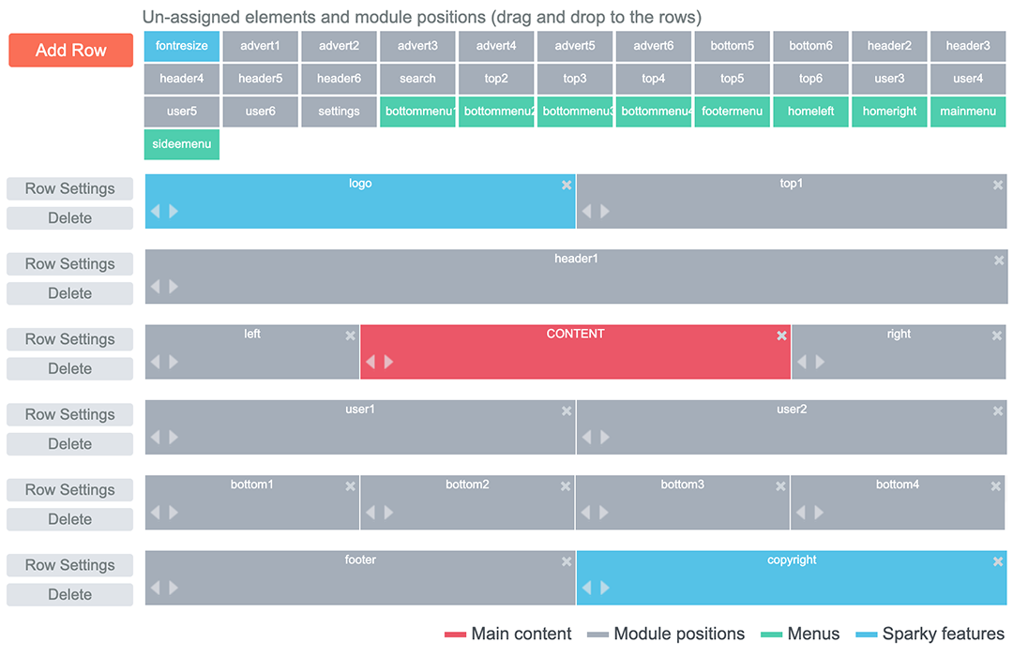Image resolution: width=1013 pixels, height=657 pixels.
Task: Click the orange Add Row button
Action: (70, 51)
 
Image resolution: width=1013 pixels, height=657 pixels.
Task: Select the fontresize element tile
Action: (182, 46)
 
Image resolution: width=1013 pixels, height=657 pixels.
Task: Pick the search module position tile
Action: (417, 79)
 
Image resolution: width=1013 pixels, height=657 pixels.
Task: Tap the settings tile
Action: (339, 112)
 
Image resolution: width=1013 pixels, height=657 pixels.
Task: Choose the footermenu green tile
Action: (732, 112)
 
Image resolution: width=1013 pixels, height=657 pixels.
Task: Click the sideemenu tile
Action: (182, 144)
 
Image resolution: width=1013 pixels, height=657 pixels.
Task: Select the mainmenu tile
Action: (968, 112)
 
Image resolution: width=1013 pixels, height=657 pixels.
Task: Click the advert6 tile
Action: (653, 46)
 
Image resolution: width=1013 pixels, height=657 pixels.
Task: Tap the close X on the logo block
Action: (567, 186)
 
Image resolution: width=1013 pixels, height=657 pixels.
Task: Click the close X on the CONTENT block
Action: (781, 336)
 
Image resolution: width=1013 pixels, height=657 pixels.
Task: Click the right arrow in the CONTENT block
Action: (389, 362)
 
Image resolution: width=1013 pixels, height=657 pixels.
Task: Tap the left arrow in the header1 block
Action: (155, 287)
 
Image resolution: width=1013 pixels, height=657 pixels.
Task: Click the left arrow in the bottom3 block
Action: (585, 513)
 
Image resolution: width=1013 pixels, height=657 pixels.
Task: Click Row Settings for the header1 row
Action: (69, 264)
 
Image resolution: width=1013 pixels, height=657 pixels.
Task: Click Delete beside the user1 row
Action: (69, 444)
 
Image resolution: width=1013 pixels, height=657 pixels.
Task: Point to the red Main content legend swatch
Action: (455, 635)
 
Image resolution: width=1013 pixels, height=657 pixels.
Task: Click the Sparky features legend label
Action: (944, 635)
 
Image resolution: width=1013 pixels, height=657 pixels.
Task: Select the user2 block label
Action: (792, 410)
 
